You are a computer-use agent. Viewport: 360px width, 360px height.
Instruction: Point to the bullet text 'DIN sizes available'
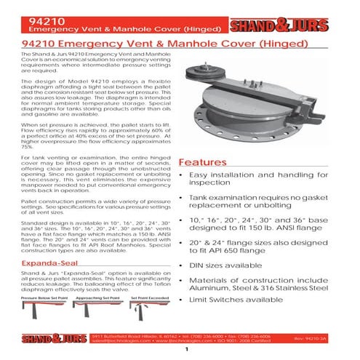226,266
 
